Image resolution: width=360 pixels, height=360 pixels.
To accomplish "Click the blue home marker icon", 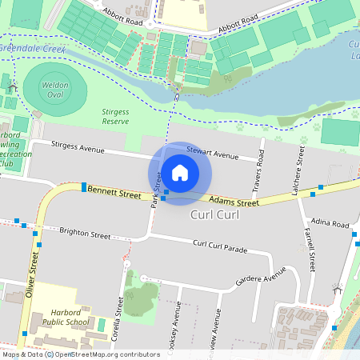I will (180, 172).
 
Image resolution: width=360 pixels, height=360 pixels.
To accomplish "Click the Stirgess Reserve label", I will (116, 116).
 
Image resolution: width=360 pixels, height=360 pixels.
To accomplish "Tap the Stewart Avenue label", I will (213, 155).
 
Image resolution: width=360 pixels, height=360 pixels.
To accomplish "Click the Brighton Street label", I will (85, 234).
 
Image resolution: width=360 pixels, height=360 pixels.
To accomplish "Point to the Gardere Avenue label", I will (261, 277).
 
